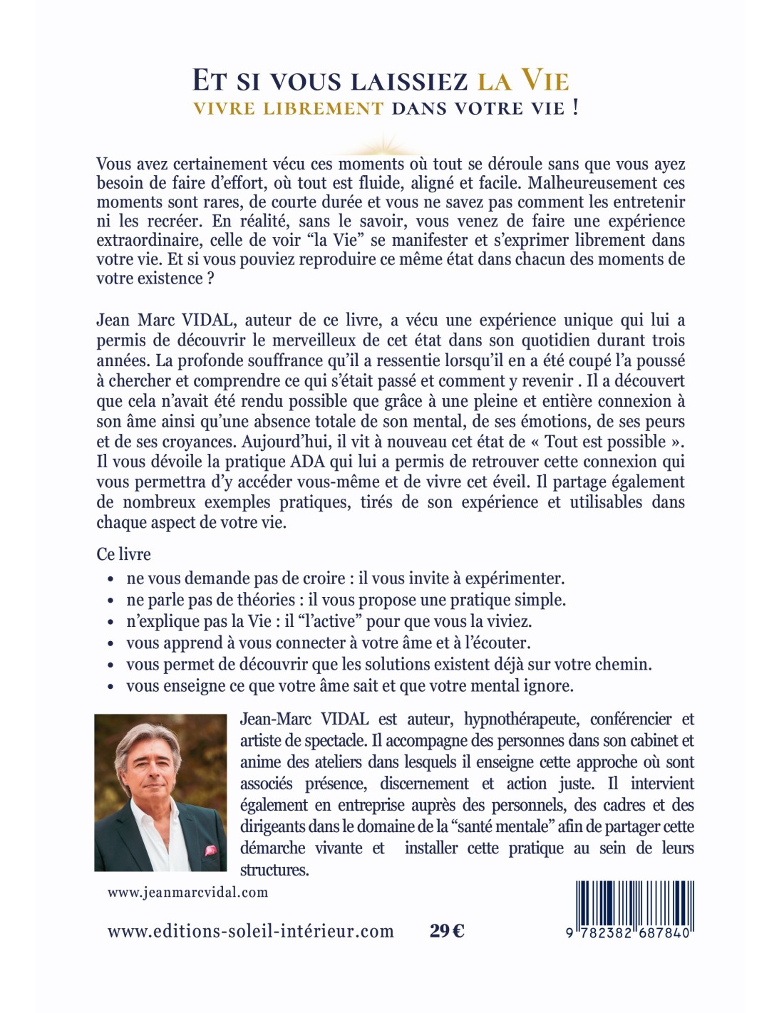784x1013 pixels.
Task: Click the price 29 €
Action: tap(447, 930)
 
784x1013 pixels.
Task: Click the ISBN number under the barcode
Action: tap(630, 933)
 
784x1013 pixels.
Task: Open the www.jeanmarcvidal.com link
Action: tap(187, 892)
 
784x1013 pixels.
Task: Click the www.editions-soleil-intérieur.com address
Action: tap(250, 931)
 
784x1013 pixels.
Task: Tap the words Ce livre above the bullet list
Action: tap(123, 554)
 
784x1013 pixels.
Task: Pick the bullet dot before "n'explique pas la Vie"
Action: tap(110, 623)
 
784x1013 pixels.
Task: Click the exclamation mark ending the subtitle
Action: tap(576, 108)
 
